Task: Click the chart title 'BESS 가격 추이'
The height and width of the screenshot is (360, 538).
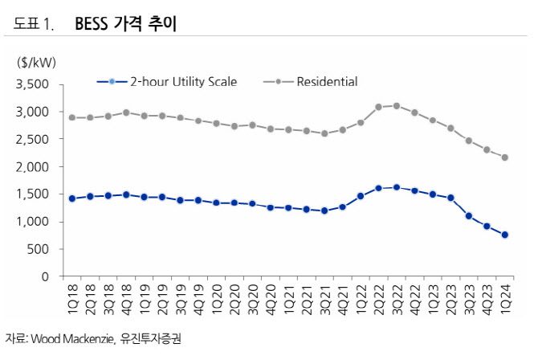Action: pos(126,25)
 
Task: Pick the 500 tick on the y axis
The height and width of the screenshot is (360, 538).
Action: pos(39,249)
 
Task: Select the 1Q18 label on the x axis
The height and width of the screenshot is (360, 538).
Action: pos(73,298)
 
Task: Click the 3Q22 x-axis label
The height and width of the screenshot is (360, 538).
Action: pos(397,298)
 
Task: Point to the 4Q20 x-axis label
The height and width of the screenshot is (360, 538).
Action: pos(271,298)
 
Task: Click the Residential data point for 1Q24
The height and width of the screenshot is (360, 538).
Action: pos(505,157)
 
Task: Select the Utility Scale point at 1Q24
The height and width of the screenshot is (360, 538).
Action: pos(505,235)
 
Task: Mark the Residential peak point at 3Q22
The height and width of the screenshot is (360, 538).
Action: pos(397,105)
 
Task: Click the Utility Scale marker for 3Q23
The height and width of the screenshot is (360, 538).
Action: pos(469,215)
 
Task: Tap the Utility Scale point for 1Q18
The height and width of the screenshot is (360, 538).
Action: pos(72,198)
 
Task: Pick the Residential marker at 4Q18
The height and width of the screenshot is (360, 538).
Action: pos(126,112)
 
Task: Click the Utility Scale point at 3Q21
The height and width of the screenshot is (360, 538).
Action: pos(324,211)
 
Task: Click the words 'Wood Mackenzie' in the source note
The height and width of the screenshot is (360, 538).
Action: pos(69,339)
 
